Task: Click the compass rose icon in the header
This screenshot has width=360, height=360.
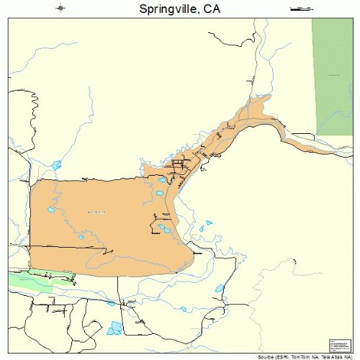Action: (x=60, y=9)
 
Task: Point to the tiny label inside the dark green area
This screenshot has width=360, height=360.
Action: (x=333, y=74)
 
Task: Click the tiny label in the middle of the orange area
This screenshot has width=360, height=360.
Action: (x=96, y=212)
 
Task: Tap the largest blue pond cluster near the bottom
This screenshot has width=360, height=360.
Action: (x=115, y=328)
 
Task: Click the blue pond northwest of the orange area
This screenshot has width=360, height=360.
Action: (x=56, y=166)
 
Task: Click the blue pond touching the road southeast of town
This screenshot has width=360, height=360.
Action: (x=220, y=289)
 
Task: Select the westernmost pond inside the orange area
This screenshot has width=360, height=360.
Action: (x=50, y=210)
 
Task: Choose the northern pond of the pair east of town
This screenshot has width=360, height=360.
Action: (x=209, y=224)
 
